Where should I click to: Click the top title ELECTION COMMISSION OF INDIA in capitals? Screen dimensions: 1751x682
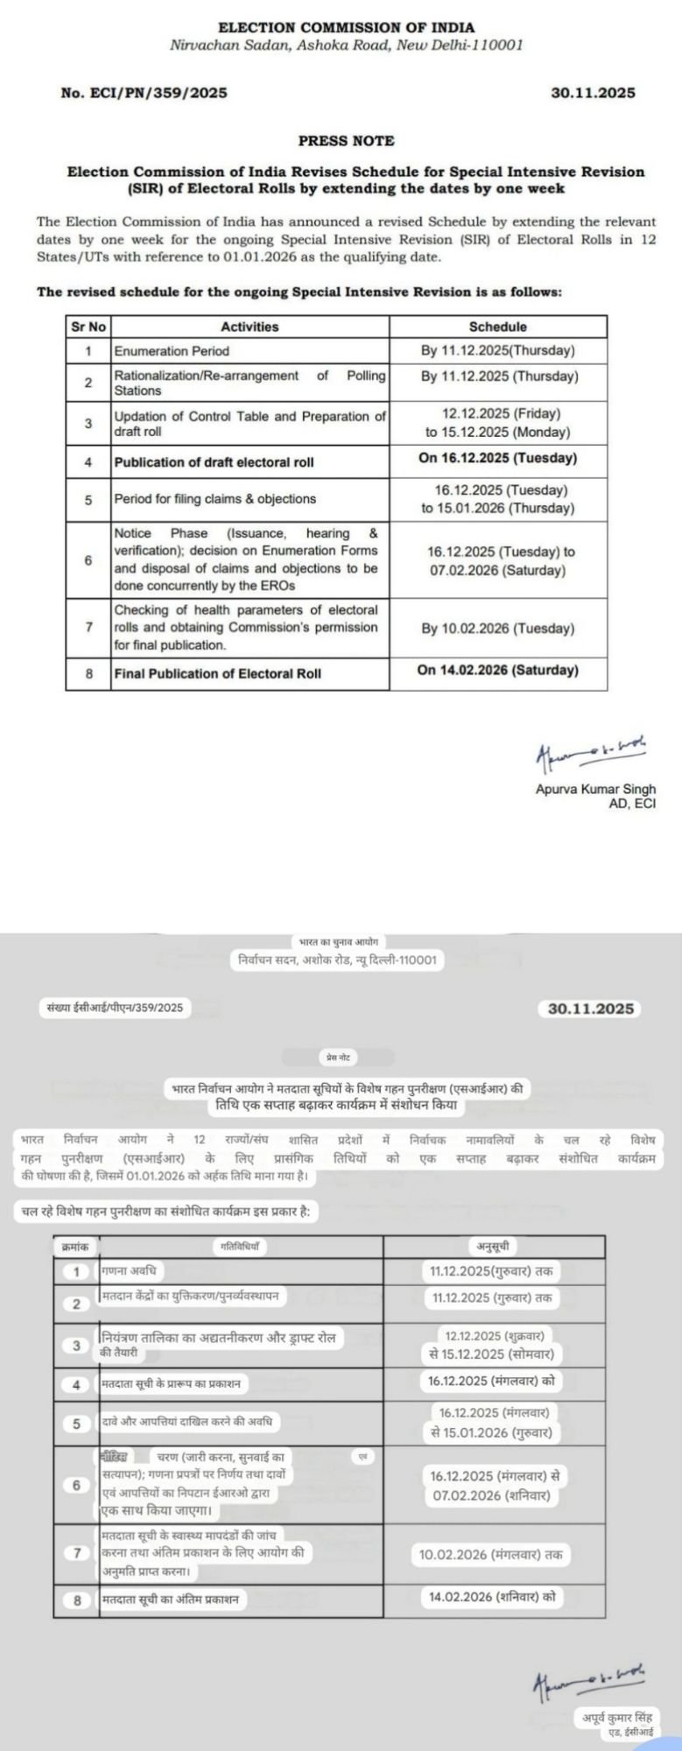point(346,28)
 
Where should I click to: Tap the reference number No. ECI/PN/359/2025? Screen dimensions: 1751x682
point(144,93)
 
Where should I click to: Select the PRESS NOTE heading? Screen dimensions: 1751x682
point(346,140)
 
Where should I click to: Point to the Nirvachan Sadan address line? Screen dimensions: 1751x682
point(346,45)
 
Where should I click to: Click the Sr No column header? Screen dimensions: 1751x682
point(88,327)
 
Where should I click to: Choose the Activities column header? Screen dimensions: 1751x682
point(250,327)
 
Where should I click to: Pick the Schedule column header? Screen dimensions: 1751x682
point(497,327)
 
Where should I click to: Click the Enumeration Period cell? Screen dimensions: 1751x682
point(172,351)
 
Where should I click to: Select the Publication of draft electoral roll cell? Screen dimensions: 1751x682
point(214,461)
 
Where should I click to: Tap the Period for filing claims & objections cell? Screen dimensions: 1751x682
point(214,499)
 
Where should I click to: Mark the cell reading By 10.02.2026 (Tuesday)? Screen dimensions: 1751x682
point(497,629)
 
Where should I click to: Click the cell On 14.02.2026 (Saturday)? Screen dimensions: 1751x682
point(497,671)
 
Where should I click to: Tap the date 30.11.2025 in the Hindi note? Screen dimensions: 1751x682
point(590,1009)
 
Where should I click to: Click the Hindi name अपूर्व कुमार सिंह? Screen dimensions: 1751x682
point(617,1718)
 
